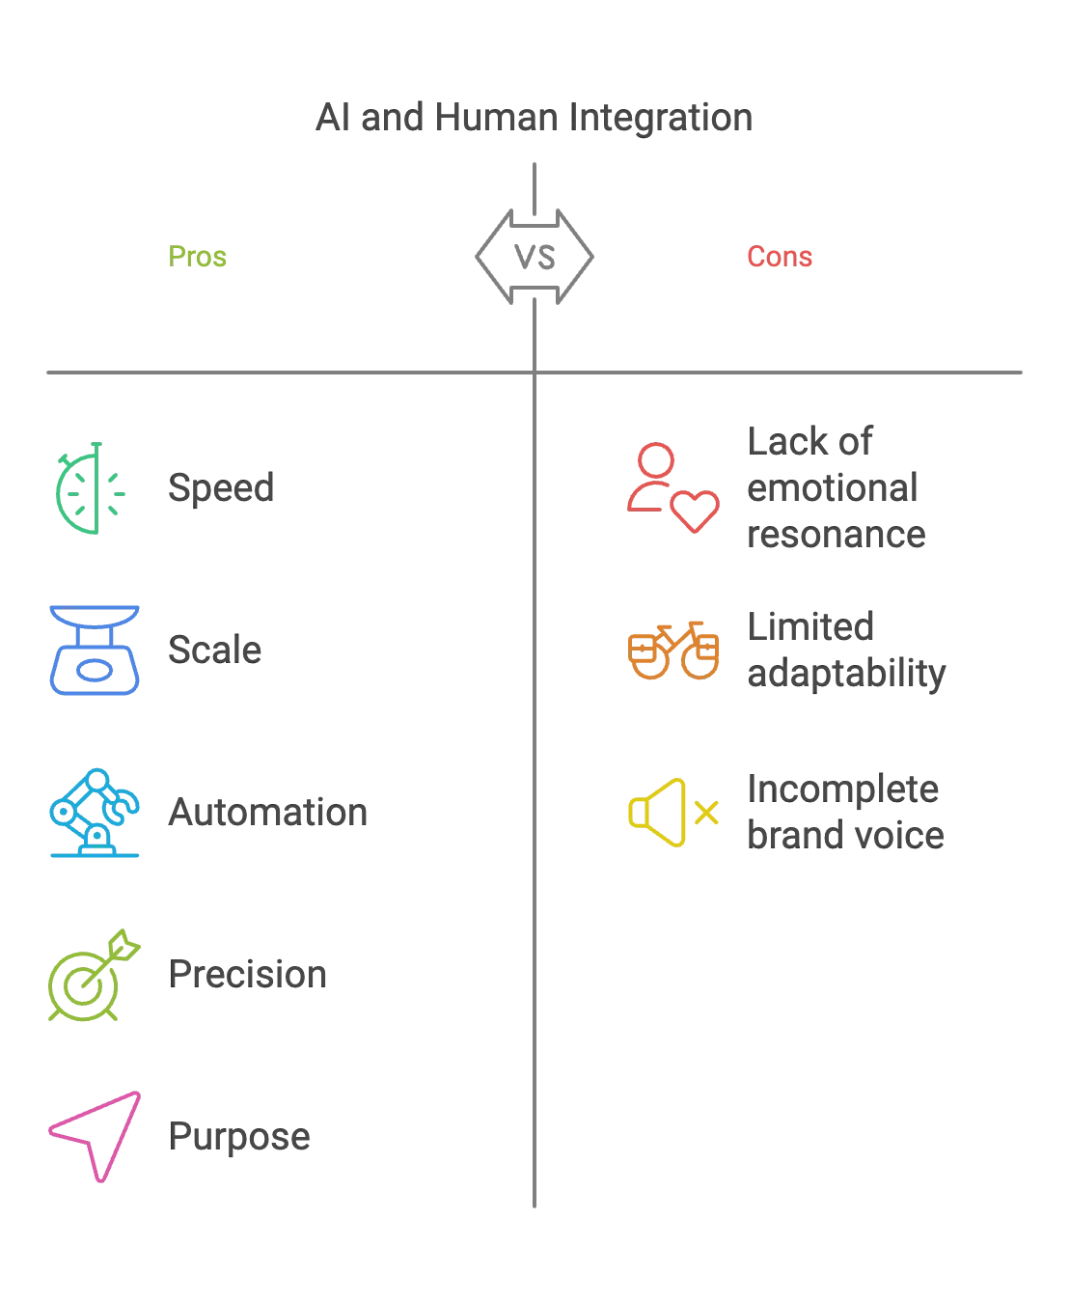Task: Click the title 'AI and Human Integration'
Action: [x=535, y=117]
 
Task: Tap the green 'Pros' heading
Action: [x=198, y=257]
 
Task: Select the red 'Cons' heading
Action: [x=780, y=257]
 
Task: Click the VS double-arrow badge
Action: [x=535, y=257]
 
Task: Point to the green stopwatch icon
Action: [x=92, y=487]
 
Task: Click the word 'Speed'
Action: [x=221, y=487]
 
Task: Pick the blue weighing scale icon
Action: [x=95, y=650]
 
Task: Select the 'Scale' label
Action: [x=214, y=650]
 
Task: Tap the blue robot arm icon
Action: [x=95, y=813]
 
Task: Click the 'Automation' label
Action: [x=267, y=812]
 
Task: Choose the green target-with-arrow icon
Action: [x=95, y=976]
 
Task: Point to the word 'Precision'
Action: [x=247, y=975]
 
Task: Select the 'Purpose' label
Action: [x=239, y=1137]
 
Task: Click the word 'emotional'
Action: [x=833, y=487]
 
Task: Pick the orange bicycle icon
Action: [x=672, y=650]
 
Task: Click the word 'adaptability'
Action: [x=846, y=673]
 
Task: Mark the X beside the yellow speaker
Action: [x=706, y=813]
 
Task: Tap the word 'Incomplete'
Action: [x=842, y=789]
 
